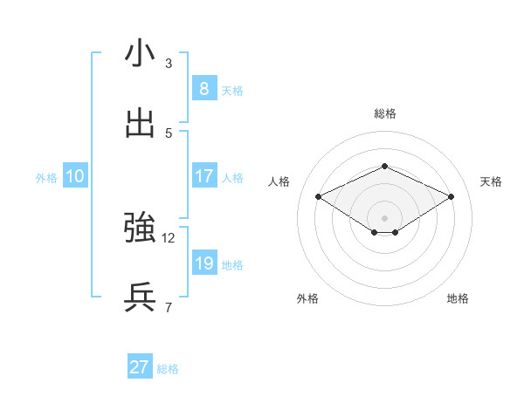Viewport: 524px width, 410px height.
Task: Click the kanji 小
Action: pyautogui.click(x=140, y=54)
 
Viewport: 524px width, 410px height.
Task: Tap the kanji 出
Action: pyautogui.click(x=140, y=123)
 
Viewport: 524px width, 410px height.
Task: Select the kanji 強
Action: pyautogui.click(x=140, y=228)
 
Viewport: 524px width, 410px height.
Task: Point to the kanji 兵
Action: pyautogui.click(x=140, y=297)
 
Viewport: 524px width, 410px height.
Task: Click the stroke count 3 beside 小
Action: pyautogui.click(x=169, y=64)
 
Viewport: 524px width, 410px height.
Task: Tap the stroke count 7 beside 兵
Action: pyautogui.click(x=169, y=307)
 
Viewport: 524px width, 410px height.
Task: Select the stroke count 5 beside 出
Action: pyautogui.click(x=169, y=133)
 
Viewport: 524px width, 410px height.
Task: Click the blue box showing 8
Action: pyautogui.click(x=203, y=89)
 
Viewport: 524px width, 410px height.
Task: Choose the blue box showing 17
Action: pyautogui.click(x=203, y=176)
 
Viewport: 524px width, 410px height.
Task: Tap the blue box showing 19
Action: pyautogui.click(x=203, y=263)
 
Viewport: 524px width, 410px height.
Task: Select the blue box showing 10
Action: pyautogui.click(x=74, y=176)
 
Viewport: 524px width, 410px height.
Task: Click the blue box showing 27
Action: pyautogui.click(x=139, y=367)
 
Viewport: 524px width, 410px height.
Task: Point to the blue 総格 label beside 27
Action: pyautogui.click(x=168, y=369)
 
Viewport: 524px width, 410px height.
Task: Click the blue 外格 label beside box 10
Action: pyautogui.click(x=46, y=178)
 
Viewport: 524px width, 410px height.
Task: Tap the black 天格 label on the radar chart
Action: pyautogui.click(x=491, y=181)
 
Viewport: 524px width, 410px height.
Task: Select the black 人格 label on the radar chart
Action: pyautogui.click(x=279, y=181)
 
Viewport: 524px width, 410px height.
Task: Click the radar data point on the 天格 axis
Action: pyautogui.click(x=451, y=196)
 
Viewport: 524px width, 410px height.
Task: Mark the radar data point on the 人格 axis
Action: pyautogui.click(x=318, y=196)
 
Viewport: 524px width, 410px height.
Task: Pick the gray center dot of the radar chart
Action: pyautogui.click(x=384, y=217)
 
